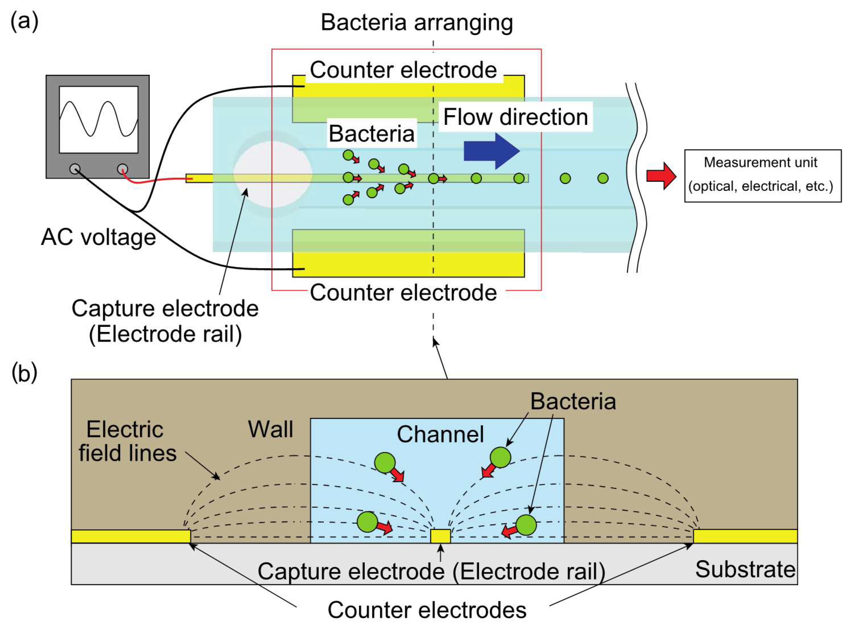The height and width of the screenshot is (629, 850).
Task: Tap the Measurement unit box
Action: click(762, 175)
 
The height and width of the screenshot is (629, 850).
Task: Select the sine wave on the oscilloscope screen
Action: click(99, 118)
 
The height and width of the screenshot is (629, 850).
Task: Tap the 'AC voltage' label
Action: click(98, 237)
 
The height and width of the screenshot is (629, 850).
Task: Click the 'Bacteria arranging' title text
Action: click(417, 23)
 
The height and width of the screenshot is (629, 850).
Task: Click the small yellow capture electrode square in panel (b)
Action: click(440, 536)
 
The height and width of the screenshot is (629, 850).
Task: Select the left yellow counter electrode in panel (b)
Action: click(131, 536)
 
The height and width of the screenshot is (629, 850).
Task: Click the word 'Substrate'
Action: click(745, 570)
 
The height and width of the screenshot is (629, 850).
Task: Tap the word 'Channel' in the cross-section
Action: click(440, 434)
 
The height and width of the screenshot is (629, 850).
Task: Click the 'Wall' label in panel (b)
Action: click(270, 429)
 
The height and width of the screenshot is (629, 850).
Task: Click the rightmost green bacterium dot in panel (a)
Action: click(603, 178)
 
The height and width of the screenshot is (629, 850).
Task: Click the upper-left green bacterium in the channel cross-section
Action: click(385, 463)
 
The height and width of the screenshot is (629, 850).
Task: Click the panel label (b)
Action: click(24, 373)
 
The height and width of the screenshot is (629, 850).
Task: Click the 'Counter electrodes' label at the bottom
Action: click(427, 610)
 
